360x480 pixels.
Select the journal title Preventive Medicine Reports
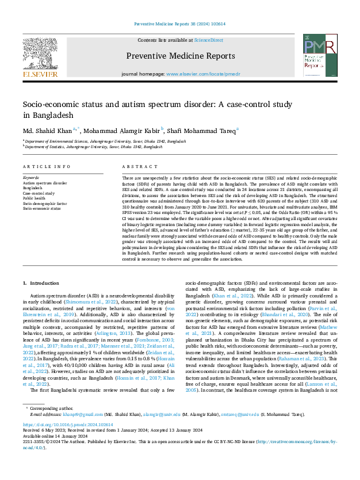179,56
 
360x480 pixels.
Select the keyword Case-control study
39,193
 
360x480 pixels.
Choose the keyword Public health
34,198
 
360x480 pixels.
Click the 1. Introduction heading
41,282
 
